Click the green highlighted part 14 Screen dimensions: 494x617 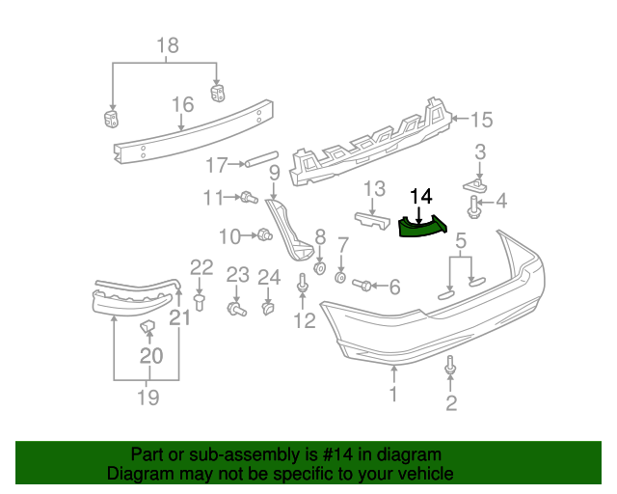click(420, 227)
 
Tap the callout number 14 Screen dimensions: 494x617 click(420, 196)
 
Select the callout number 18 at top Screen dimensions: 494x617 click(167, 45)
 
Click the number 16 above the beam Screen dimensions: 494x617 click(183, 104)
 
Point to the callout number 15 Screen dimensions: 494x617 click(480, 120)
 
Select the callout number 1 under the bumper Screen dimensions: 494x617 click(393, 394)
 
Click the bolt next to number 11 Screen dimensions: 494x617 click(248, 198)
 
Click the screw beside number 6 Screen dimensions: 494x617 click(363, 285)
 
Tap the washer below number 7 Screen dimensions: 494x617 click(340, 278)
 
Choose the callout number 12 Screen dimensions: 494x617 click(304, 320)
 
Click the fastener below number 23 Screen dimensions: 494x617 click(233, 309)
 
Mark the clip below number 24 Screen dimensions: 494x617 click(268, 310)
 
